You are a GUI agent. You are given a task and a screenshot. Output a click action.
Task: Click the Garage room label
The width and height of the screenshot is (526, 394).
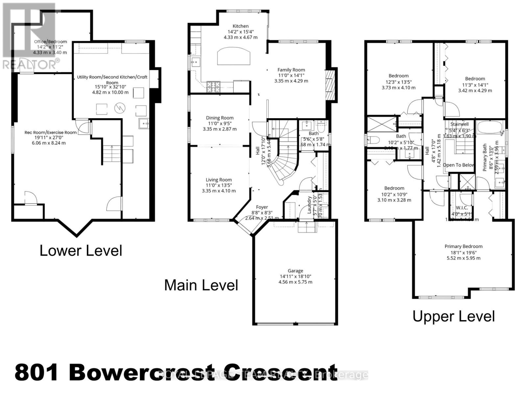point(295,271)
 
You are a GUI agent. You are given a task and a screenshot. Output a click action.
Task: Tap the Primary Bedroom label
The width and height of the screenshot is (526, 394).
point(463,246)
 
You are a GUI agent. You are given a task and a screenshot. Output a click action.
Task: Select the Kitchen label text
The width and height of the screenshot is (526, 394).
point(241,26)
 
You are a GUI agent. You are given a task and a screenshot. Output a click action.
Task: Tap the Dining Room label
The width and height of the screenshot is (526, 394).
point(220,118)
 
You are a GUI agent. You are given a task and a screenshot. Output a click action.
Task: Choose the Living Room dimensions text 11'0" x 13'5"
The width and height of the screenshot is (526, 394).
point(219,185)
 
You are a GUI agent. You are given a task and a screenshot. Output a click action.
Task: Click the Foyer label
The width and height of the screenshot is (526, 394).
point(262,207)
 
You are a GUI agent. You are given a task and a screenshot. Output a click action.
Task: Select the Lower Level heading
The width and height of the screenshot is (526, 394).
point(81,251)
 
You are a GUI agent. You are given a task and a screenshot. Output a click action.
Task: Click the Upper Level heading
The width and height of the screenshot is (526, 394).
point(453,317)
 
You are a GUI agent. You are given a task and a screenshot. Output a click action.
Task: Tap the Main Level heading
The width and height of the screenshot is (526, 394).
point(201,285)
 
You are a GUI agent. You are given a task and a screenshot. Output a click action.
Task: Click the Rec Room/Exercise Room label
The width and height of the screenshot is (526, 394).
point(51,132)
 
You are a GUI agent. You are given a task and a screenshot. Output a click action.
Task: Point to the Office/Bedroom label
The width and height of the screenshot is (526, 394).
point(51,42)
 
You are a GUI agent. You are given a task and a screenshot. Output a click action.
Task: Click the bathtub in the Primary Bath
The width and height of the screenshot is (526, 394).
point(490,127)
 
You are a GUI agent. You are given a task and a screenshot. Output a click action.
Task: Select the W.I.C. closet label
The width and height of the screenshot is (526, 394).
point(462,208)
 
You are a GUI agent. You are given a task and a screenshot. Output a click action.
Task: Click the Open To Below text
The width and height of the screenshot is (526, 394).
point(458,165)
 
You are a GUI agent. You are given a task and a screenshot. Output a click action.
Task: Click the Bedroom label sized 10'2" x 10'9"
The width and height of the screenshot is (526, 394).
point(394,188)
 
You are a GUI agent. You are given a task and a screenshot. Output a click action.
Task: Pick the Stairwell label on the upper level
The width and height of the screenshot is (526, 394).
point(459,124)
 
